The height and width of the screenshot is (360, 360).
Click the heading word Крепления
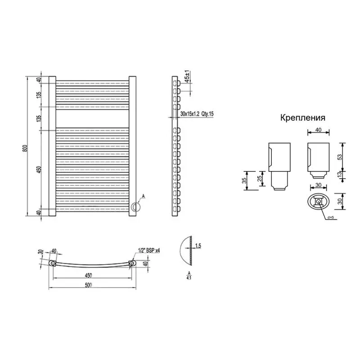[x=303, y=118]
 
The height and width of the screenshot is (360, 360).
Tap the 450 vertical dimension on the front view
[x=39, y=170]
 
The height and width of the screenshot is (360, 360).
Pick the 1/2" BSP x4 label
[x=148, y=251]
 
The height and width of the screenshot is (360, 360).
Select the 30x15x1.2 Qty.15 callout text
[x=197, y=114]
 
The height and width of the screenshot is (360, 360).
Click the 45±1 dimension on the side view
[x=187, y=75]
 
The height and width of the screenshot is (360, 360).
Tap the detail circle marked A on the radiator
[x=135, y=207]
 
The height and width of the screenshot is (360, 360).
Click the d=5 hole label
[x=330, y=218]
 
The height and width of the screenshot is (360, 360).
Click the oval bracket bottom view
[x=319, y=202]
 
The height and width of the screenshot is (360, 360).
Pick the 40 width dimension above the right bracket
[x=318, y=130]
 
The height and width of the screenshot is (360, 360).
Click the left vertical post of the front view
[x=51, y=146]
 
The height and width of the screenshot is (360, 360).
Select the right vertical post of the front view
[x=132, y=146]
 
